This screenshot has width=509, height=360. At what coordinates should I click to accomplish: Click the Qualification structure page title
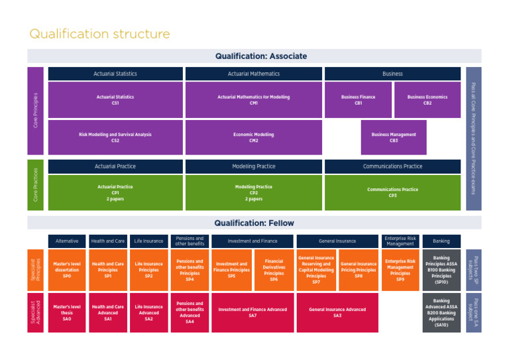point(99,34)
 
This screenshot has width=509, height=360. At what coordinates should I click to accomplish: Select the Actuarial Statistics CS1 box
point(115,100)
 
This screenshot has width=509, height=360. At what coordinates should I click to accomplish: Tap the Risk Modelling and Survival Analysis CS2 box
point(115,137)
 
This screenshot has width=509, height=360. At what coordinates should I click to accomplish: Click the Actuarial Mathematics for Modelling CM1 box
point(254,100)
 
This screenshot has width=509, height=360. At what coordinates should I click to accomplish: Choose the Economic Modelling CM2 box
point(254,137)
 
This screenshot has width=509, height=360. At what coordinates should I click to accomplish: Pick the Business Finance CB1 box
point(359,100)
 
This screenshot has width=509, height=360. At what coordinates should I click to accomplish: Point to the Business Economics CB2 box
point(427,100)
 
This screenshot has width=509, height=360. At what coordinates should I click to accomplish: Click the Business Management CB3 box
point(394,137)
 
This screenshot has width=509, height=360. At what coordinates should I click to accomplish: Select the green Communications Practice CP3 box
point(392,192)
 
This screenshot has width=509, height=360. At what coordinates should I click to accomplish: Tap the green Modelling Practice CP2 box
point(254,192)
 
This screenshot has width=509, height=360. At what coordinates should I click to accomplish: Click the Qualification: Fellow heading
point(254,223)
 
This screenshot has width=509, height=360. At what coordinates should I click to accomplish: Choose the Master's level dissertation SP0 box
point(67,270)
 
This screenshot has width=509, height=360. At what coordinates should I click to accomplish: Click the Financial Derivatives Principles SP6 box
point(274,270)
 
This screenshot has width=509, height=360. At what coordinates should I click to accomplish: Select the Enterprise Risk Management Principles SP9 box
point(400,270)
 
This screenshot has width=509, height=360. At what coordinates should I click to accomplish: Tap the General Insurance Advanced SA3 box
point(337,312)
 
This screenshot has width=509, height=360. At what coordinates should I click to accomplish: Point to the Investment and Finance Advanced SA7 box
point(253,312)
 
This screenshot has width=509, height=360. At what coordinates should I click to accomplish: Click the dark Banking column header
point(441,241)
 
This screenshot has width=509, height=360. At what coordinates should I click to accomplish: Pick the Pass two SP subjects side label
point(473,270)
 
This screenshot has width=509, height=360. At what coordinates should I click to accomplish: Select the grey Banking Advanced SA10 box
point(441,312)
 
